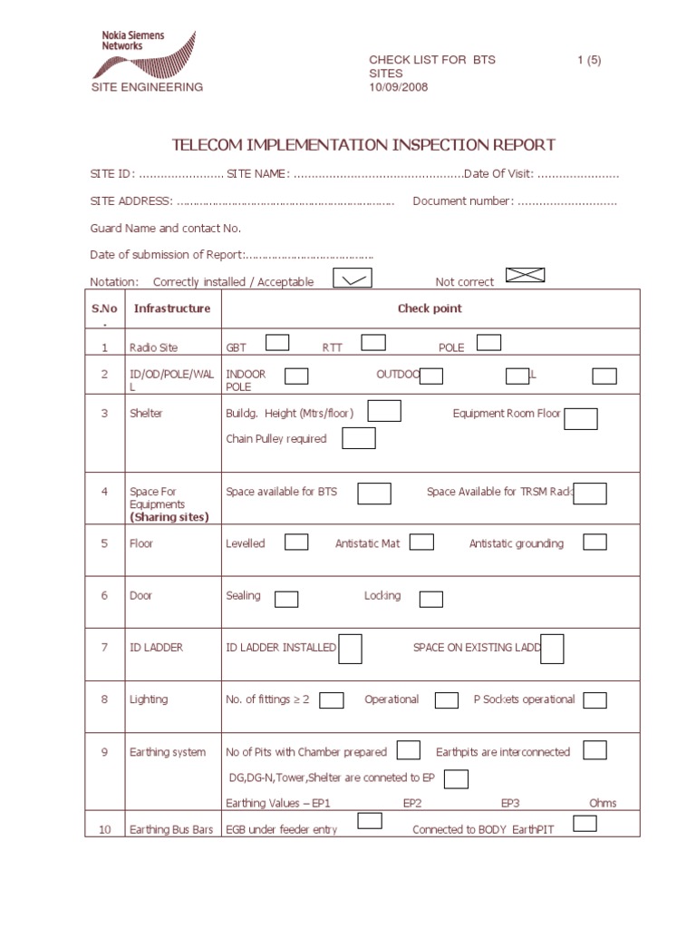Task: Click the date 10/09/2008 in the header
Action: point(398,87)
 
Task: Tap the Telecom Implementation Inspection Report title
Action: point(363,145)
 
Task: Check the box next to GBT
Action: point(277,342)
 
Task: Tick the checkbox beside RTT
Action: point(373,342)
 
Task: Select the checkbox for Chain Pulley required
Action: point(359,438)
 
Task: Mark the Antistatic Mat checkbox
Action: point(421,542)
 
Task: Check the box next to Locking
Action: point(431,599)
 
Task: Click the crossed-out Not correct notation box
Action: point(525,275)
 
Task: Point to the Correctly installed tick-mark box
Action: point(352,279)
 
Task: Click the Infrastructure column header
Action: point(172,308)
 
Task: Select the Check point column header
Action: point(430,308)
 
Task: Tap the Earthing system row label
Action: point(168,752)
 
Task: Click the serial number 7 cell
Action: point(104,648)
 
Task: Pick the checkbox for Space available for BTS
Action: point(374,493)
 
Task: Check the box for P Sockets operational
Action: point(594,699)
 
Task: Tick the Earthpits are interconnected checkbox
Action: point(594,750)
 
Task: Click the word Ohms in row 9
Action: point(603,803)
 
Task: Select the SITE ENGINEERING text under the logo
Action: point(147,87)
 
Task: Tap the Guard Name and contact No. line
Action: point(166,229)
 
